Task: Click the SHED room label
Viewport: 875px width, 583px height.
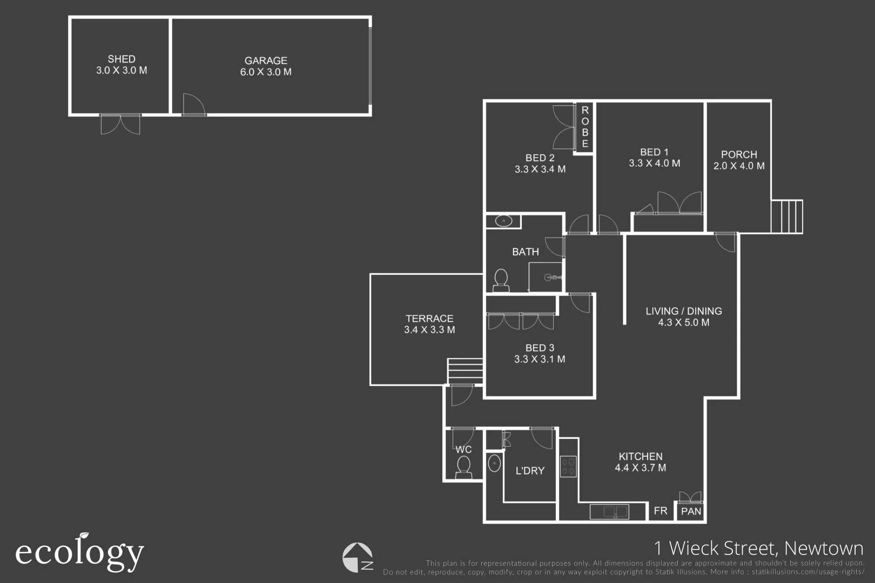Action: point(122,59)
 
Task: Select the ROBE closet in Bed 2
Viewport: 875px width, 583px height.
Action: point(584,127)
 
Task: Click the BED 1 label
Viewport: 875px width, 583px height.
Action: point(654,152)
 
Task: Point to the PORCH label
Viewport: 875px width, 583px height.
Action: point(739,154)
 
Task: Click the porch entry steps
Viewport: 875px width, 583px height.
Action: point(787,216)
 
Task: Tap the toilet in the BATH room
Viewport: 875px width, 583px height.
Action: point(501,280)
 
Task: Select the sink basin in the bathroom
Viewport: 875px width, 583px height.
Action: point(503,221)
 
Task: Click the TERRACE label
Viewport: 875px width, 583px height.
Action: point(429,318)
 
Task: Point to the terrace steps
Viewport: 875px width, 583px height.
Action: point(465,371)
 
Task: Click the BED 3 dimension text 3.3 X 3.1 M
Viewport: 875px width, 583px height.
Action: point(540,360)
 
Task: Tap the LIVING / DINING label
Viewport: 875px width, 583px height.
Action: point(684,311)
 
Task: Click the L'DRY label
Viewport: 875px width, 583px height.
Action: point(530,471)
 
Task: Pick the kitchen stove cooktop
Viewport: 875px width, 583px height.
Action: point(568,466)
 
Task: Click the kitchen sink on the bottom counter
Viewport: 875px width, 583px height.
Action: point(609,511)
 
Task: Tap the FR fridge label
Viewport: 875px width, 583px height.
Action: point(661,511)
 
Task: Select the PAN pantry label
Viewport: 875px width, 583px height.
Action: point(691,511)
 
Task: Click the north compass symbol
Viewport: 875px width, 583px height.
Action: point(358,557)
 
